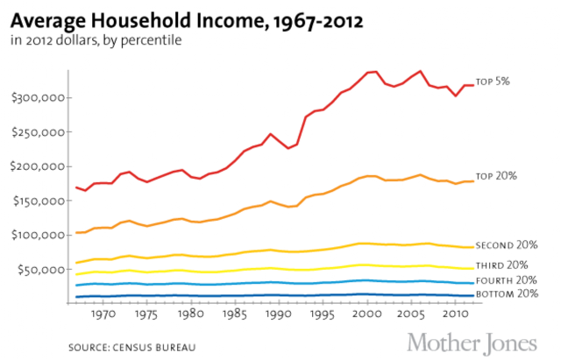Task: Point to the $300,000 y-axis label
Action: point(39,97)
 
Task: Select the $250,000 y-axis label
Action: point(39,132)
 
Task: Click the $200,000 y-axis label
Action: point(39,166)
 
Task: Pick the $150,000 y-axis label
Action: point(39,201)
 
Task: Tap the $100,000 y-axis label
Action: point(39,236)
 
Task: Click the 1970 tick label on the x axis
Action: point(103,313)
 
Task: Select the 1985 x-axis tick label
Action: point(234,313)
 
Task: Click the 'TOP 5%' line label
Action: point(492,81)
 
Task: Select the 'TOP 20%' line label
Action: point(495,176)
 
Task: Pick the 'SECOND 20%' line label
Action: point(506,246)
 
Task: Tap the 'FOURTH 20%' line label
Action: point(507,280)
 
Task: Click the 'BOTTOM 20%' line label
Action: point(507,293)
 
